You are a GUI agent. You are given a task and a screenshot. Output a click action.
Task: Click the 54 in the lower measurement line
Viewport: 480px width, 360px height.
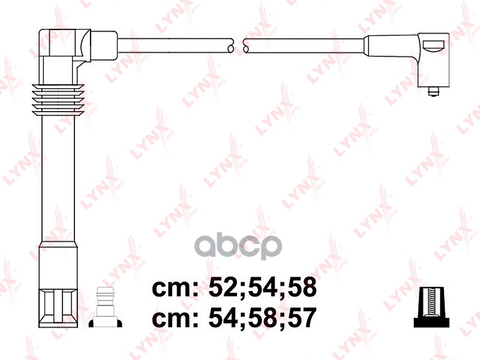pos(221,318)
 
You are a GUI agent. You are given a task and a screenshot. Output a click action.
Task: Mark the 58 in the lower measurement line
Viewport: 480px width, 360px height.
pos(260,318)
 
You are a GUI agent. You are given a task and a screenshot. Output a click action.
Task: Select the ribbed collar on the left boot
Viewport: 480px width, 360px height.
pos(59,100)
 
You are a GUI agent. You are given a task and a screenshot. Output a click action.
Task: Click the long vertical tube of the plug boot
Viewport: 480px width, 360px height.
pos(59,180)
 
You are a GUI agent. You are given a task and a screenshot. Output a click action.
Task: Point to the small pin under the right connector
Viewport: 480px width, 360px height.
pos(432,91)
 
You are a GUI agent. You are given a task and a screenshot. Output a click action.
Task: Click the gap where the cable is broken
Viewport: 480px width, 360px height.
pos(238,44)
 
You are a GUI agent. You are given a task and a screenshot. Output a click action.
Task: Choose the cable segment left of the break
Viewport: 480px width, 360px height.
pos(174,44)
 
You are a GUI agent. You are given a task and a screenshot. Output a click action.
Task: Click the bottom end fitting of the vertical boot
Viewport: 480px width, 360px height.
pos(59,306)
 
